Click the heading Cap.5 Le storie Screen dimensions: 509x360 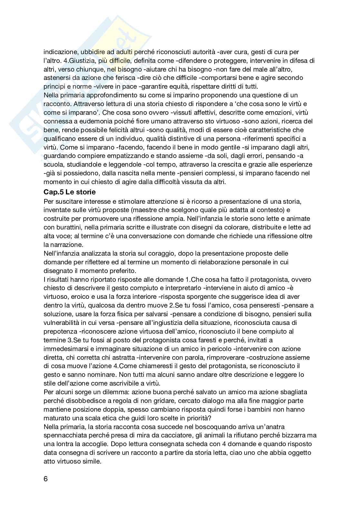pyautogui.click(x=70, y=192)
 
